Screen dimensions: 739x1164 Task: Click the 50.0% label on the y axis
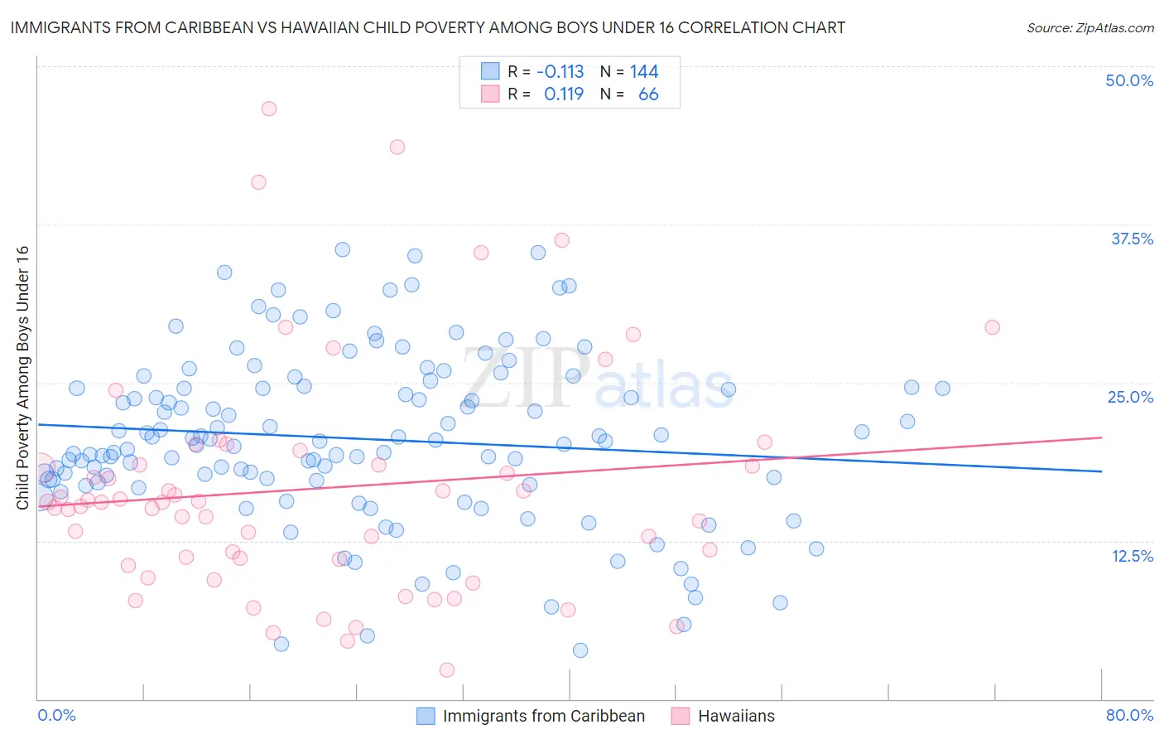point(1129,80)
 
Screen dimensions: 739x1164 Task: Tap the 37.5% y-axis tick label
point(1132,239)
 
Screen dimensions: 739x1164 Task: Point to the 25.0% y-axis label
point(1130,397)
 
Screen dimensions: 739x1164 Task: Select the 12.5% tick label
point(1132,556)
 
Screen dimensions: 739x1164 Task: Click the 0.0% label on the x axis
point(56,715)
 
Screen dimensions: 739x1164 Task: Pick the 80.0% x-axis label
point(1129,715)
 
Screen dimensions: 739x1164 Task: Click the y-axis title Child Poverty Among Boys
point(22,378)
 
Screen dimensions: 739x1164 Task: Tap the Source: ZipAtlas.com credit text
point(1089,27)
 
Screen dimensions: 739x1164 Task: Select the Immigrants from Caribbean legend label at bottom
point(543,716)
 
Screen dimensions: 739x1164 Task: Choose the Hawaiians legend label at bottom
point(736,716)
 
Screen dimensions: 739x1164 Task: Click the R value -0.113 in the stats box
point(560,71)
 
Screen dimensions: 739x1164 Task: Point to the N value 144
point(644,71)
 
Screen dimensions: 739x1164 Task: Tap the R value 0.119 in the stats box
point(564,94)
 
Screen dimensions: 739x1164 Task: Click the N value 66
point(648,94)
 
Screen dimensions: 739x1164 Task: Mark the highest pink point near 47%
point(268,109)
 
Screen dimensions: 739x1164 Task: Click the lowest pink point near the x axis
point(447,669)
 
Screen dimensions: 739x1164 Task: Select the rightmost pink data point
point(992,327)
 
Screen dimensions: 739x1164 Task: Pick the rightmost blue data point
point(942,388)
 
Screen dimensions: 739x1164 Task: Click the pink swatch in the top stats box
point(490,94)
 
